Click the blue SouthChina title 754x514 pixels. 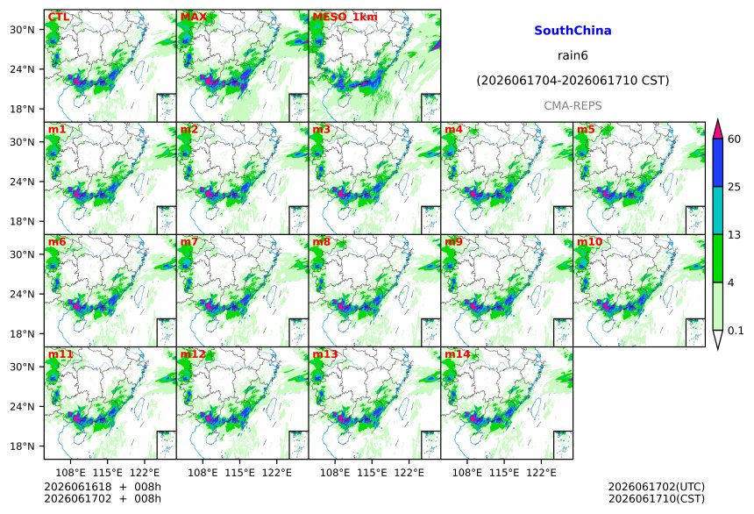tap(573, 31)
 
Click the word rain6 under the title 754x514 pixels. tap(573, 55)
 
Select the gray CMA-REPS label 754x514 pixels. tap(573, 105)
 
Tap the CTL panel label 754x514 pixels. tap(58, 17)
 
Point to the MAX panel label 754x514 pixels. tap(193, 17)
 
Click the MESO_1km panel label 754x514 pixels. tap(345, 17)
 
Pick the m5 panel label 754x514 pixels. tap(586, 129)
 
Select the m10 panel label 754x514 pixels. tap(589, 241)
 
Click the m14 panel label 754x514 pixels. tap(457, 354)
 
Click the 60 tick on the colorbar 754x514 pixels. tap(734, 139)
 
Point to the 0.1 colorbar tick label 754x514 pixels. tap(736, 331)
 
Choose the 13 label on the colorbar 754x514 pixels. tap(734, 235)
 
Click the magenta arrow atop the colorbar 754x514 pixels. tap(717, 129)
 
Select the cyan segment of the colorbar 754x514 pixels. tap(717, 211)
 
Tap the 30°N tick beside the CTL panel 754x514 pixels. tap(22, 30)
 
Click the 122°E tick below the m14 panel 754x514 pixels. tap(541, 473)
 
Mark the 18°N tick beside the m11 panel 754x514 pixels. tap(22, 446)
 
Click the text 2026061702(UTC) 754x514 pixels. tap(657, 487)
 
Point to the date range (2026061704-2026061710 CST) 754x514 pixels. tap(573, 81)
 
